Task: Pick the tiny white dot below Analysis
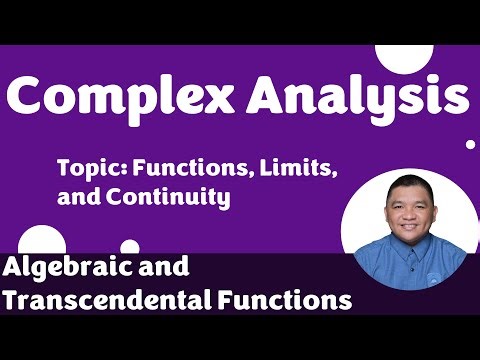pyautogui.click(x=470, y=144)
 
